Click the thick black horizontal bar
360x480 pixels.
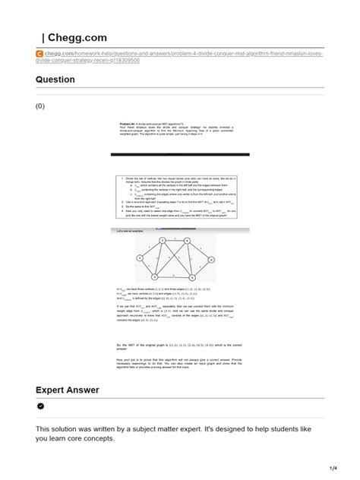[175, 154]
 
